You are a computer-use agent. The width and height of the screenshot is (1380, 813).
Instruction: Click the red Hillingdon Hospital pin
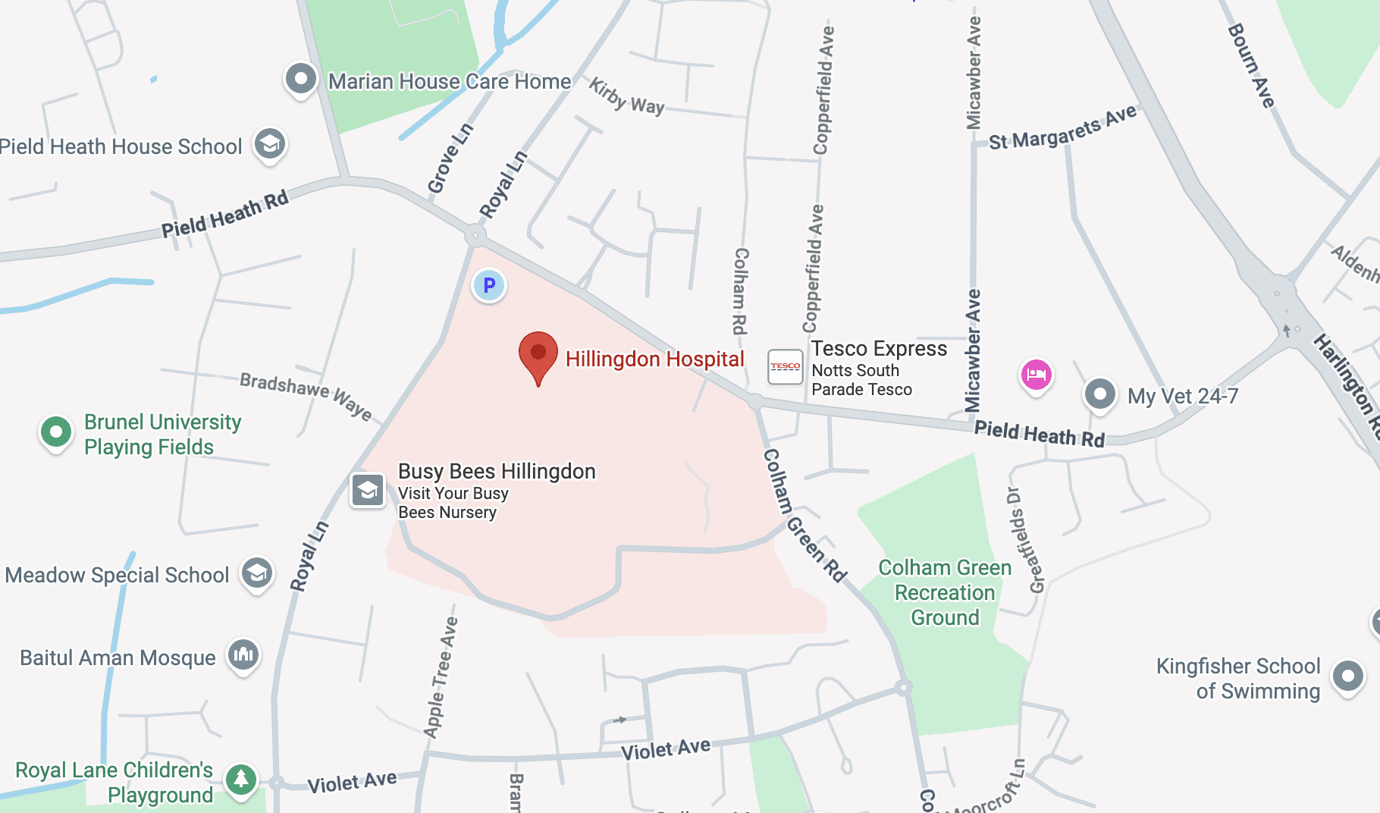coord(538,355)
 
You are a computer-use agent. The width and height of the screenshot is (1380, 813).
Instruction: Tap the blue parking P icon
coord(489,286)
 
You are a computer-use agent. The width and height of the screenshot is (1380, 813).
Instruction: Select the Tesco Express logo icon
coord(785,367)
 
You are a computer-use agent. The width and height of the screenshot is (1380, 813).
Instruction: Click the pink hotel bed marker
coord(1037,374)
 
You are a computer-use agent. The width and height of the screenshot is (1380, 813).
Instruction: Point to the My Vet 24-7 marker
coord(1100,394)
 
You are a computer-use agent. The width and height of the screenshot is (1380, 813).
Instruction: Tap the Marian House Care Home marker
coord(301,78)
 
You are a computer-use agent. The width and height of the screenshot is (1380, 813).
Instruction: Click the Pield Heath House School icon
coord(269,143)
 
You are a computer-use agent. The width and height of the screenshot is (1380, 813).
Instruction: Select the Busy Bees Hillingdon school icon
coord(368,490)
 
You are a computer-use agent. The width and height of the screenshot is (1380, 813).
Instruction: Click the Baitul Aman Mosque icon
coord(243,654)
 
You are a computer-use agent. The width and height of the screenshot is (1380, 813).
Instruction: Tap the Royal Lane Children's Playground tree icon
coord(241,779)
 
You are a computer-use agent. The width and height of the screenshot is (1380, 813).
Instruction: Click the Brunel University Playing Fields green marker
coord(56,432)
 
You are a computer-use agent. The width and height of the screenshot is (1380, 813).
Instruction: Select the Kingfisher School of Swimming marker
coord(1348,675)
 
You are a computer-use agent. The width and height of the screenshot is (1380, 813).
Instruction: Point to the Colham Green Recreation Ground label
coord(945,592)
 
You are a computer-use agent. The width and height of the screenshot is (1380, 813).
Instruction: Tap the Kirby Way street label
coord(626,96)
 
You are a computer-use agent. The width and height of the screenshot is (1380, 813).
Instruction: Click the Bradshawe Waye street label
coord(306,395)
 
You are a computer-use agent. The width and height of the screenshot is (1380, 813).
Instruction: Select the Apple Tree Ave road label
coord(441,676)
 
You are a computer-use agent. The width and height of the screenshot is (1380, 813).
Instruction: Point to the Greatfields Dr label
coord(1025,540)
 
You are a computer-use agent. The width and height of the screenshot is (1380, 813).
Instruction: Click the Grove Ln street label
coord(450,159)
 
